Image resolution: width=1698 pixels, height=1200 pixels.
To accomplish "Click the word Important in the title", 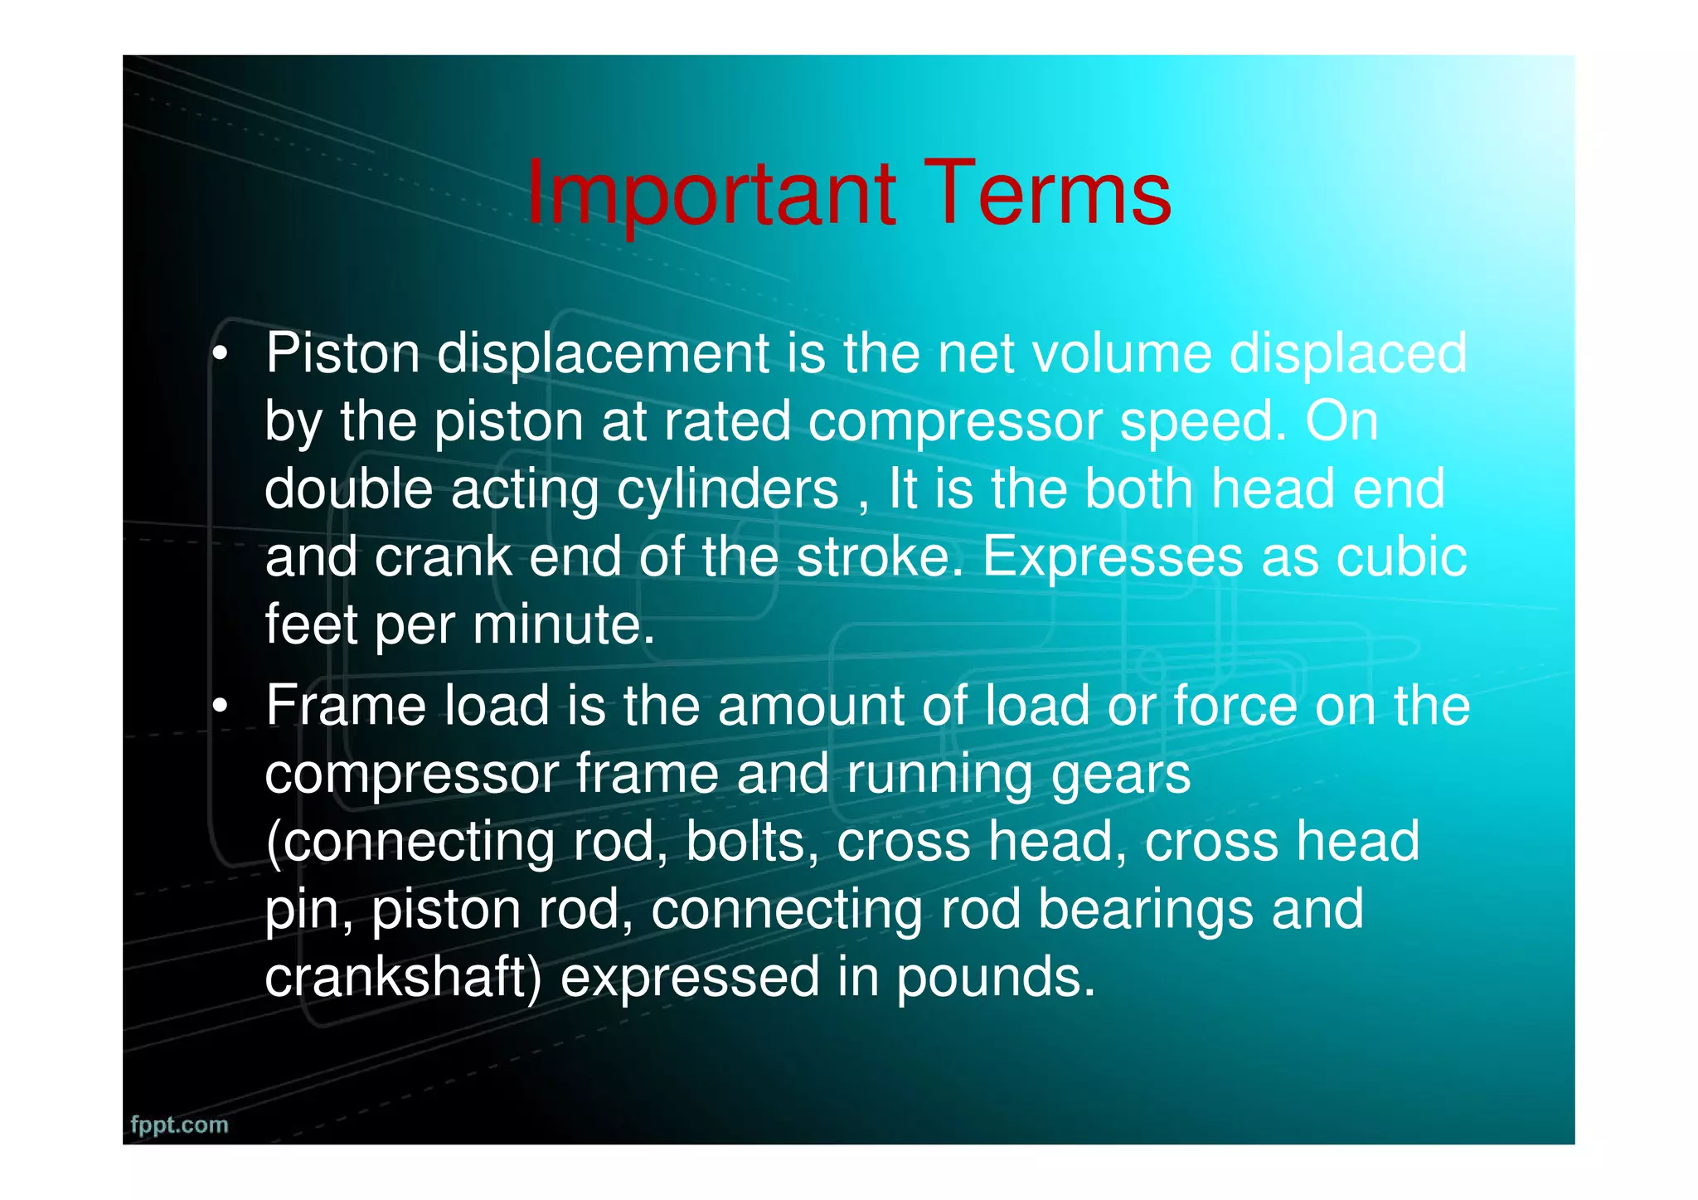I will [711, 195].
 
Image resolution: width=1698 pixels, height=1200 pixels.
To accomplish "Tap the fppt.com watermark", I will [179, 1125].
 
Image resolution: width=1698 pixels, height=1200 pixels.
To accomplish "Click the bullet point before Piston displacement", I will [219, 356].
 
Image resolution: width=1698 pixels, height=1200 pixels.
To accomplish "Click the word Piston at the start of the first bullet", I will [342, 354].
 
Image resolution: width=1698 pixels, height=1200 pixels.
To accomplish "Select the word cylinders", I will [727, 489].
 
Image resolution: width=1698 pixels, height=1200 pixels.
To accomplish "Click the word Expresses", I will [1112, 558].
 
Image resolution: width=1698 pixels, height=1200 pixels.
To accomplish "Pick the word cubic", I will [1400, 556].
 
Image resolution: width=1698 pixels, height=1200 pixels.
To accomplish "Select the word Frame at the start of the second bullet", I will [346, 707].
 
